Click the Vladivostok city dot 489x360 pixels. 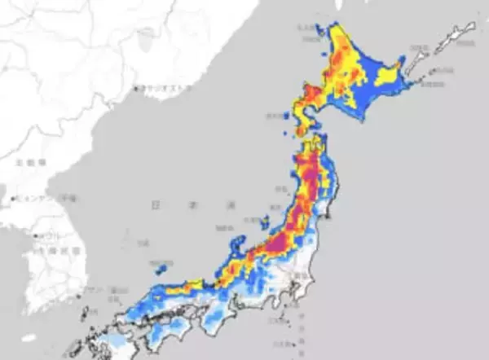135,88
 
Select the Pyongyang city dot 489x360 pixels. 15,198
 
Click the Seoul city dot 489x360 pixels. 36,236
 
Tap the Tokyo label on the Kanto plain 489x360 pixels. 297,278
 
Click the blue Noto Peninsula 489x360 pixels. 237,244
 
